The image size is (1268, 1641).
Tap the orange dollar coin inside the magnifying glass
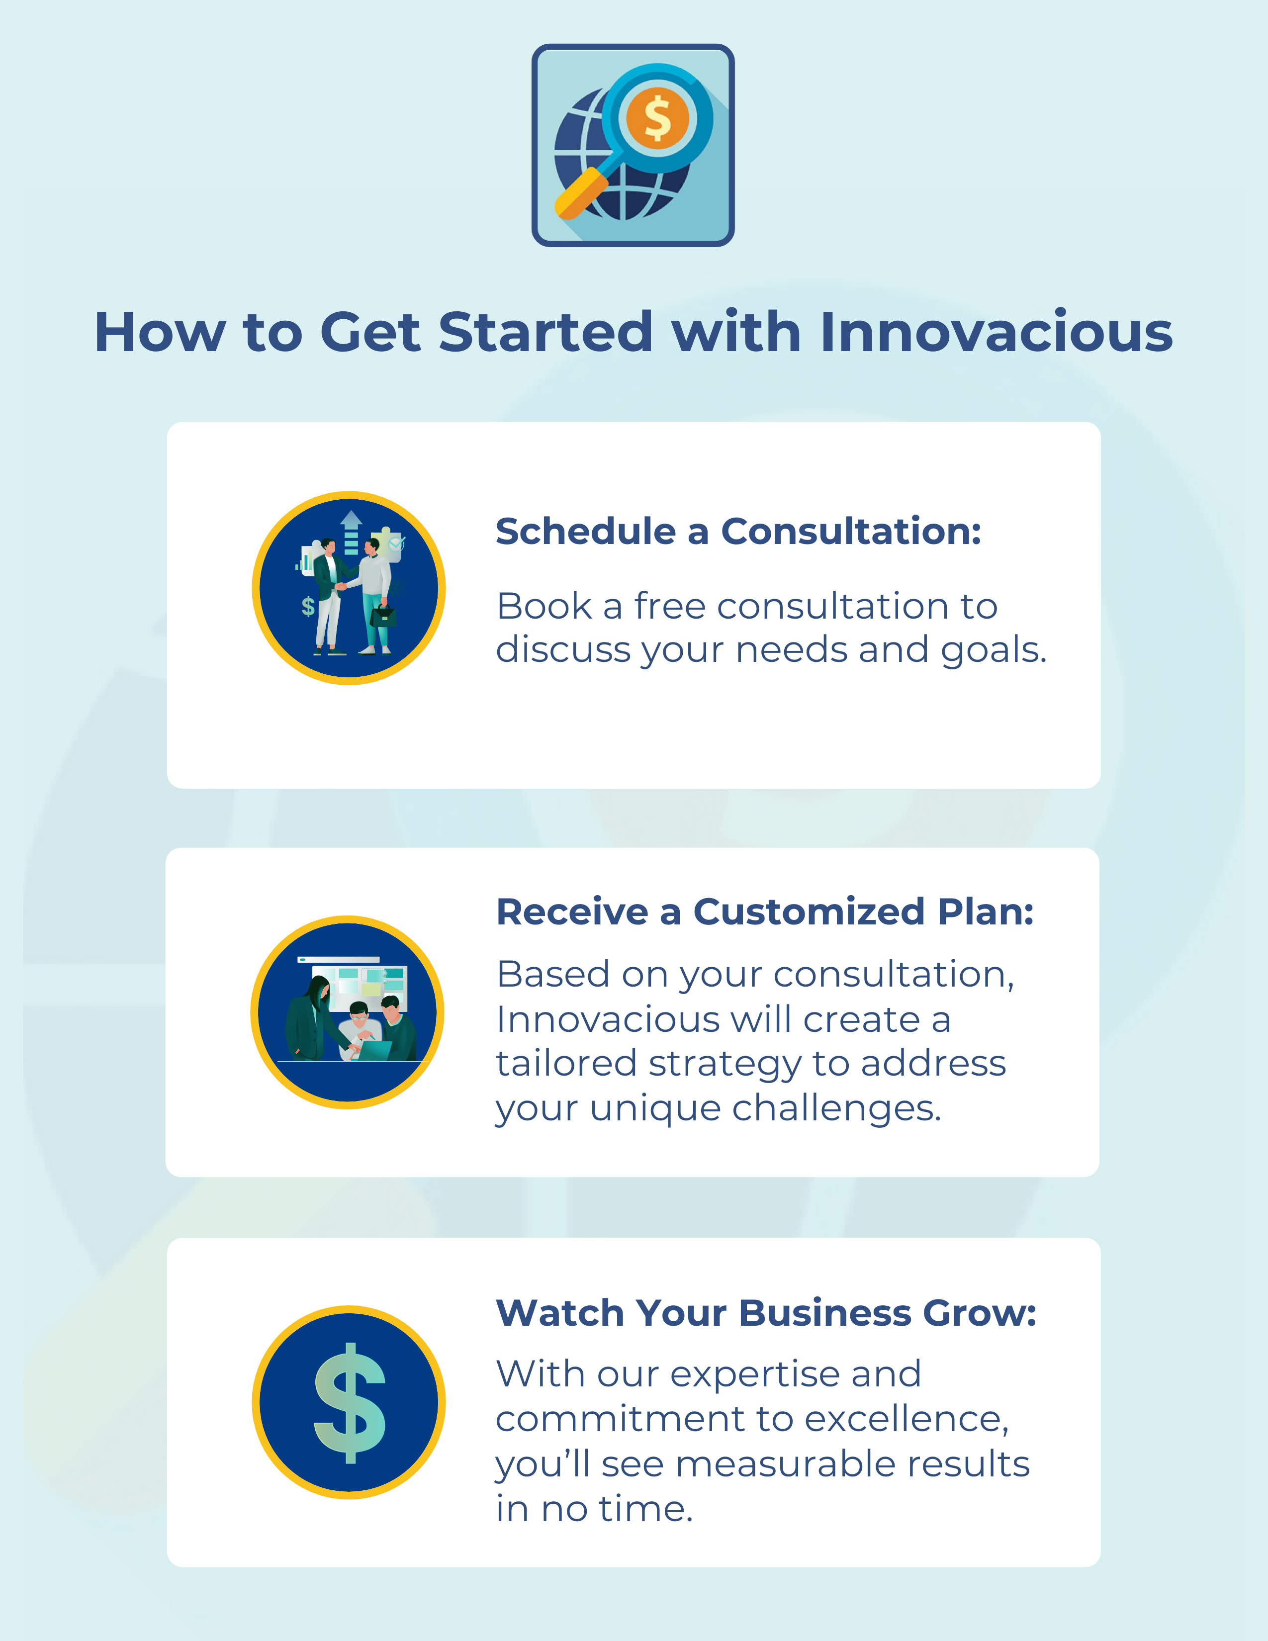[658, 117]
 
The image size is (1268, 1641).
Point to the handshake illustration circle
[349, 588]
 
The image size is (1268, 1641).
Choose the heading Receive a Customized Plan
[765, 912]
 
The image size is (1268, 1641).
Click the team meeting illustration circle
[347, 1012]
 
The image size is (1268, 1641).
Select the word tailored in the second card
[566, 1063]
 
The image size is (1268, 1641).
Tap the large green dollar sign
[349, 1403]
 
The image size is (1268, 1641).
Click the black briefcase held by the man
[384, 616]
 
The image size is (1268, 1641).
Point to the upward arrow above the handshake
[351, 532]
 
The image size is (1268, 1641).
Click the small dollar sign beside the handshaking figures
[308, 606]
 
